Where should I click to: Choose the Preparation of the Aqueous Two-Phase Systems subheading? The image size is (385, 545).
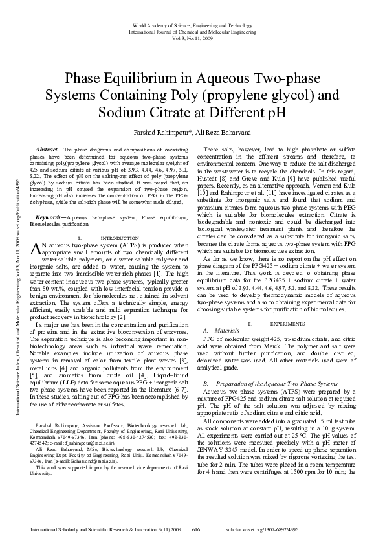tap(283, 366)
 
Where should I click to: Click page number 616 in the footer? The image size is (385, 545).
tap(197, 529)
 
